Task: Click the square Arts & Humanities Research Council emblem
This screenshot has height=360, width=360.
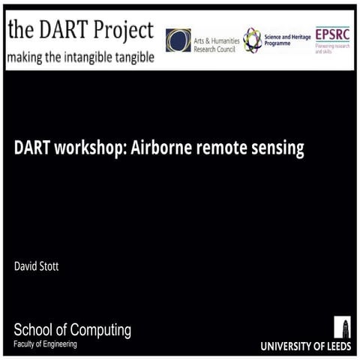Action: pyautogui.click(x=178, y=40)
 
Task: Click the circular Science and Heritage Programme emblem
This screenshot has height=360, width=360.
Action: pyautogui.click(x=252, y=40)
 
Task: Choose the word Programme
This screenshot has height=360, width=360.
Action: pyautogui.click(x=282, y=44)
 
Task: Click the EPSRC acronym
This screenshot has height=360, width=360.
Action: pyautogui.click(x=331, y=34)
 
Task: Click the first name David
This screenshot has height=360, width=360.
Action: pyautogui.click(x=25, y=265)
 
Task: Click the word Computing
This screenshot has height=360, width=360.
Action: pyautogui.click(x=101, y=329)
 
